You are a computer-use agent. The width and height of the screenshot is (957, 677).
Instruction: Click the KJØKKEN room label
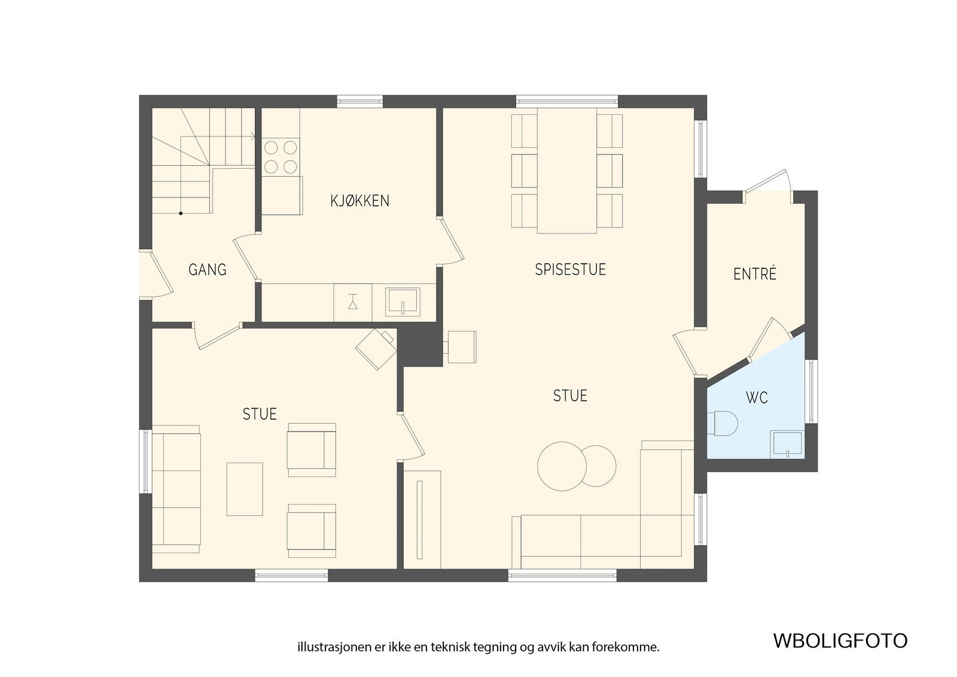(359, 201)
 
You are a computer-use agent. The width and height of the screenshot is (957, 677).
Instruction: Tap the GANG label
(207, 269)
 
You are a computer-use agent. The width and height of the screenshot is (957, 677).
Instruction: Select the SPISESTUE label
(571, 269)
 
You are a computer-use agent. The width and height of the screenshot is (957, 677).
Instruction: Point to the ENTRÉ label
(754, 274)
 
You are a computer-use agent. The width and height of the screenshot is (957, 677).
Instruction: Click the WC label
(757, 397)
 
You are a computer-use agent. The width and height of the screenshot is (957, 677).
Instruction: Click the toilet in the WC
(723, 423)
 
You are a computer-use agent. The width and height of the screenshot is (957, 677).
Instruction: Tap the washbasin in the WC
(787, 444)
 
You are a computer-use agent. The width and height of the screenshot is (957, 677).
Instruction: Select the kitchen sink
(403, 302)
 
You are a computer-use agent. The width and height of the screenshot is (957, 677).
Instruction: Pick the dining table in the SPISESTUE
(566, 171)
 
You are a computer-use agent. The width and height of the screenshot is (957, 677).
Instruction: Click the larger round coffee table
(562, 466)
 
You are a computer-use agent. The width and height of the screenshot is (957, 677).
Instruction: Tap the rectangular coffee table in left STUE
(245, 489)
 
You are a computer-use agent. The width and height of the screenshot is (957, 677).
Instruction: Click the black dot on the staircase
(181, 213)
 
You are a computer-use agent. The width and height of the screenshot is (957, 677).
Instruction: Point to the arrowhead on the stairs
(253, 137)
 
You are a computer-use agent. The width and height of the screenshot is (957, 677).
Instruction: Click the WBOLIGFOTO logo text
(840, 640)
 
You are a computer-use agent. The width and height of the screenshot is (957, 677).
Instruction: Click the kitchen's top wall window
(359, 101)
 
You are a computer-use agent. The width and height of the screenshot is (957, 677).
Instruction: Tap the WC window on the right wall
(811, 391)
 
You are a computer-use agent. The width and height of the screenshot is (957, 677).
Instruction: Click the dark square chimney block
(419, 344)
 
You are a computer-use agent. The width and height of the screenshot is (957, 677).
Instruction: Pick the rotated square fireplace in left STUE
(376, 349)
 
